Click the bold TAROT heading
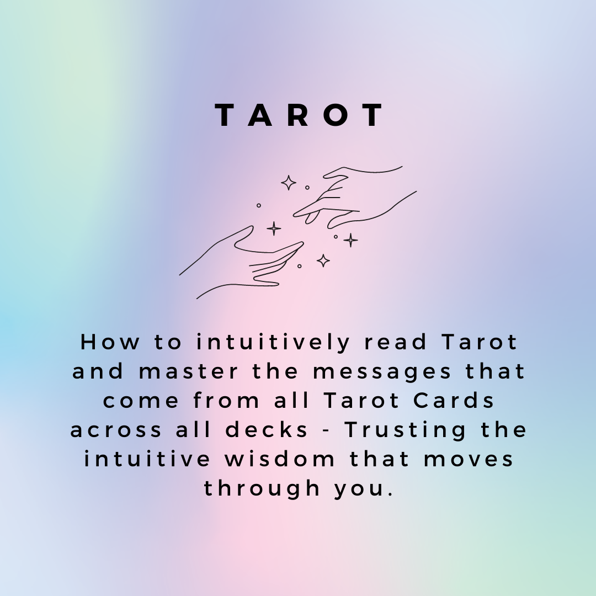(x=299, y=115)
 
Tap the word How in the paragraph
(x=110, y=342)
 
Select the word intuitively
(x=273, y=343)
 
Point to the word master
(x=188, y=371)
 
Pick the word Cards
(x=454, y=400)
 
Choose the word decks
(x=266, y=429)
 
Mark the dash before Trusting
(x=326, y=431)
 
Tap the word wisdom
(x=280, y=459)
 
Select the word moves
(x=469, y=459)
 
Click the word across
(x=116, y=430)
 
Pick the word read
(x=395, y=342)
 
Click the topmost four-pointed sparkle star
(x=289, y=183)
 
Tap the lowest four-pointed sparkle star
(x=323, y=260)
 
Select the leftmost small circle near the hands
(x=259, y=206)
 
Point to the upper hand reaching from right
(x=354, y=198)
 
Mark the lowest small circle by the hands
(x=300, y=266)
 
